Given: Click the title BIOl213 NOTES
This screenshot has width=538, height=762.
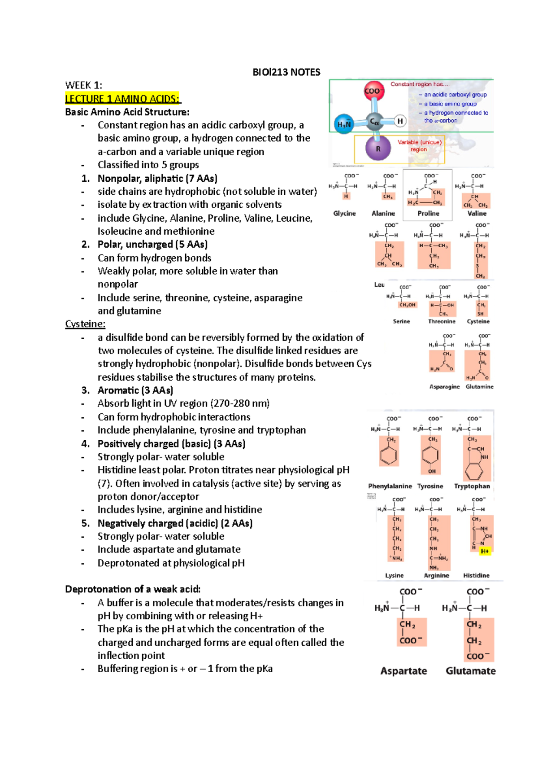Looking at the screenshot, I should (286, 72).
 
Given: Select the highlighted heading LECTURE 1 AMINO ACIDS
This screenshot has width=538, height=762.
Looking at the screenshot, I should (122, 99).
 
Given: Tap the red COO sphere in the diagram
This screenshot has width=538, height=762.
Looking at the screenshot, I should (373, 91).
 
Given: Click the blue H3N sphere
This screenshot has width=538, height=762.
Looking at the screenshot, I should (344, 124).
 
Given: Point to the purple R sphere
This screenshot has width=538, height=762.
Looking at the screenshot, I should (378, 149).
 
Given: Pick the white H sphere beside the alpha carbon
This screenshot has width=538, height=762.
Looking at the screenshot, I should (400, 121).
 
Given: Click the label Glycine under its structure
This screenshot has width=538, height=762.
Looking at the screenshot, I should (344, 214).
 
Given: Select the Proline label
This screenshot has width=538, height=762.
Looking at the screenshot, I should (428, 214).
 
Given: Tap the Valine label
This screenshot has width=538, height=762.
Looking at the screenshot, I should (477, 214).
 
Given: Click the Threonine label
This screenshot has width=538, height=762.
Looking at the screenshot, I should (442, 321).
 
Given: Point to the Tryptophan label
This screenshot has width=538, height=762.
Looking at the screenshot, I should (472, 486).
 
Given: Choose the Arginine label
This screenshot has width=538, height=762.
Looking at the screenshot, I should (436, 575).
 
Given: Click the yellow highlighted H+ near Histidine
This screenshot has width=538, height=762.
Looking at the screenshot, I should (485, 551).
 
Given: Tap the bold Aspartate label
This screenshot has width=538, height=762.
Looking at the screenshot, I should (403, 671).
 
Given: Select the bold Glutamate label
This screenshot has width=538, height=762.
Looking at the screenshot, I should (470, 671).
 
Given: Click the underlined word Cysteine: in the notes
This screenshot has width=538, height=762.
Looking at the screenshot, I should (85, 324).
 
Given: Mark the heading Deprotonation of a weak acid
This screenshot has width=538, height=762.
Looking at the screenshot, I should (133, 589).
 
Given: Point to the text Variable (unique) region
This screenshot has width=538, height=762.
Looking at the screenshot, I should (420, 145).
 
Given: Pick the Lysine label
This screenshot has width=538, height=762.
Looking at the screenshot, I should (394, 575).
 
